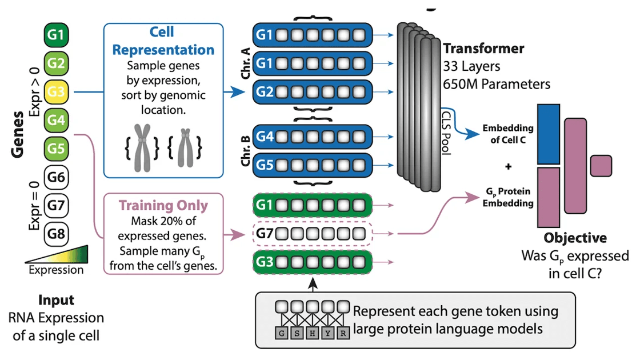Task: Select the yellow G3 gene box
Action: click(x=57, y=91)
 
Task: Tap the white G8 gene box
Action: click(x=57, y=234)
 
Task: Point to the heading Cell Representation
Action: click(x=163, y=42)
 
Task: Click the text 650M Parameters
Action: click(x=496, y=84)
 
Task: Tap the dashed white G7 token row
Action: click(x=312, y=233)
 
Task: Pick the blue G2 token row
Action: click(x=312, y=91)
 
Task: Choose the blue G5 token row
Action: click(x=312, y=164)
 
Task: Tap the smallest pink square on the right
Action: click(x=601, y=166)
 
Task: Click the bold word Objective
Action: click(x=575, y=238)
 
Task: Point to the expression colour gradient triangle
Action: click(x=56, y=253)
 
